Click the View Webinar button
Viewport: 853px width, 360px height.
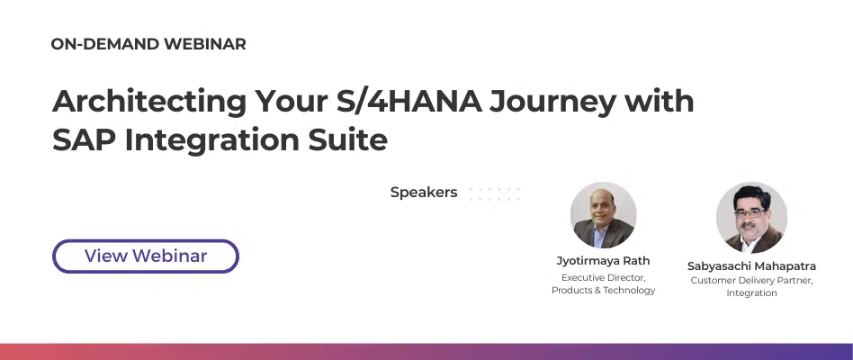tap(146, 256)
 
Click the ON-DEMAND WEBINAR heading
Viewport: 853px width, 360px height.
tap(148, 44)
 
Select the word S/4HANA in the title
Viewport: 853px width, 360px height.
tap(402, 101)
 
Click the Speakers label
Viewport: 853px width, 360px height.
tap(424, 193)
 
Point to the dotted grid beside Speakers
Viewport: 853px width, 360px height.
tap(494, 193)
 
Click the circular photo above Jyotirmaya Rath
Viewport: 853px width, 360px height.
tap(603, 215)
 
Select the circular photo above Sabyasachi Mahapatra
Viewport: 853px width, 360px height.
tap(751, 217)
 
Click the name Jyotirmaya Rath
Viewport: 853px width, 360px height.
tap(603, 261)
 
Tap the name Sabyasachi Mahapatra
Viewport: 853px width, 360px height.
tap(751, 266)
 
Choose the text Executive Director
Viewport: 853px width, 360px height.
tap(603, 277)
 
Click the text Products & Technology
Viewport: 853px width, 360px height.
tap(603, 290)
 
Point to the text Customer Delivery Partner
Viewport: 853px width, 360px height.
tap(751, 280)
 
